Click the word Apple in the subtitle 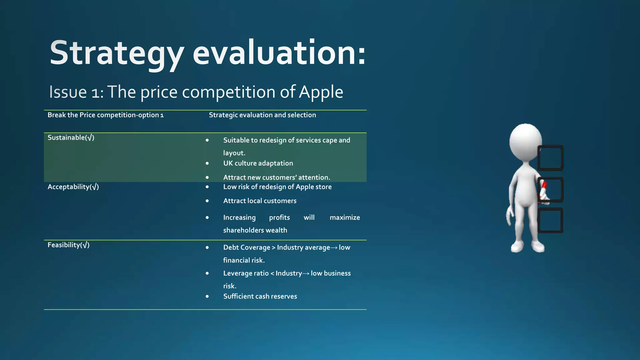(321, 92)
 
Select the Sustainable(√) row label (71, 137)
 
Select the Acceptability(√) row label (73, 187)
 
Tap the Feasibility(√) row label (68, 245)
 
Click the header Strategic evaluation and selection (262, 115)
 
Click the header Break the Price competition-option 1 (106, 115)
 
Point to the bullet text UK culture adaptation (258, 163)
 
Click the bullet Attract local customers (260, 201)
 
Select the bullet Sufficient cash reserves (260, 297)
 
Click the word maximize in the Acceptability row (345, 217)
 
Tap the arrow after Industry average (334, 248)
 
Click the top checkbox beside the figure (551, 158)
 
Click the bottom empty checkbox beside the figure (551, 220)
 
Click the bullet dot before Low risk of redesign (207, 187)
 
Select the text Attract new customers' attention (277, 177)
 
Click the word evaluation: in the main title (279, 53)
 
